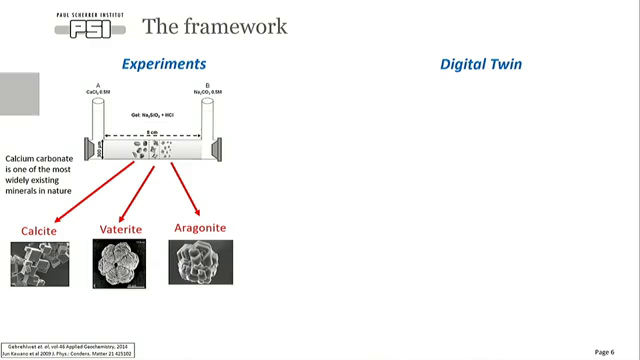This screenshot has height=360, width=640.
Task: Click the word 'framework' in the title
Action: [x=233, y=25]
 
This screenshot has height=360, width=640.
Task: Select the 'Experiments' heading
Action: [x=164, y=64]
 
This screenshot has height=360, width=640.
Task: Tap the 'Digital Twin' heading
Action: [x=481, y=64]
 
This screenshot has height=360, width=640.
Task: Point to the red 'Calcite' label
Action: [x=39, y=232]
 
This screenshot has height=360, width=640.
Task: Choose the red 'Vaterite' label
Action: [x=120, y=230]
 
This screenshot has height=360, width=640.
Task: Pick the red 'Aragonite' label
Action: [x=200, y=229]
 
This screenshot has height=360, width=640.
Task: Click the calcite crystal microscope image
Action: [x=40, y=264]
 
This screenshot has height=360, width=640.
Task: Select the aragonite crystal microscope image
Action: [x=200, y=262]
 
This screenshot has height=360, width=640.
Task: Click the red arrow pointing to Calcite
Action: [x=94, y=193]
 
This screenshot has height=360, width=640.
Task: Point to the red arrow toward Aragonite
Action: [x=185, y=189]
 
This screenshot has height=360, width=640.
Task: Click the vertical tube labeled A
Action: [x=98, y=119]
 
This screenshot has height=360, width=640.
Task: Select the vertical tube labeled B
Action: [x=207, y=119]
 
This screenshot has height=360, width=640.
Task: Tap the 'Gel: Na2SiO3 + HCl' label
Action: [x=153, y=115]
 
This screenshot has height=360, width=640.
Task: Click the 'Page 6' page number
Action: [x=604, y=352]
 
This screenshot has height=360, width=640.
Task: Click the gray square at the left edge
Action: [x=19, y=92]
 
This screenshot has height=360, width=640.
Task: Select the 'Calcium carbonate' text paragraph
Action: [x=39, y=174]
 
